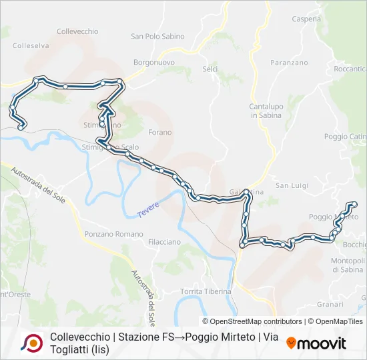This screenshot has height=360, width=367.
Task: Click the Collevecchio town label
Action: point(77,31)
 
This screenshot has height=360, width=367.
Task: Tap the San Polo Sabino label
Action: point(158,37)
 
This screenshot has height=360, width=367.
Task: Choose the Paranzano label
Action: point(288,63)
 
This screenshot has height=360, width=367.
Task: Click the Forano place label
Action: point(159,132)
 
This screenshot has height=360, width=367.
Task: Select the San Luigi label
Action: point(292,185)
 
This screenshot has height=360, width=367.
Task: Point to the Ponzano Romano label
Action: point(114,234)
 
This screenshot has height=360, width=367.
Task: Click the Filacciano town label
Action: point(164,241)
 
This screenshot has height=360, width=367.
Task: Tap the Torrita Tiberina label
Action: point(206,291)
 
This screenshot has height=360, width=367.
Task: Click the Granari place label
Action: point(330,304)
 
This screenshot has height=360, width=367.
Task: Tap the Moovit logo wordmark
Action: point(316,343)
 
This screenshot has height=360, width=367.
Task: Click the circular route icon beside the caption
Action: point(31,343)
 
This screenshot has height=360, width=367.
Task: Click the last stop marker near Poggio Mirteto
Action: point(354,203)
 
